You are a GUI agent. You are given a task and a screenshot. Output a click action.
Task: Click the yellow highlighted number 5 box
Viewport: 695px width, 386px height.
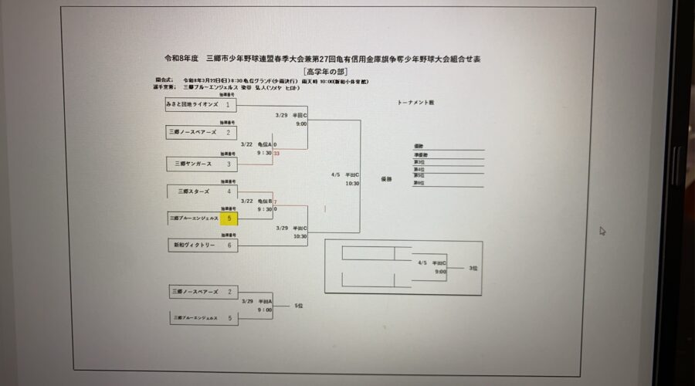coord(229,218)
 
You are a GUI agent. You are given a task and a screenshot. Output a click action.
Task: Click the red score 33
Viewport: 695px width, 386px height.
coord(276,153)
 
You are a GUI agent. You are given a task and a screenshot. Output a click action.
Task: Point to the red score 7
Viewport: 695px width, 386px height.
coord(276,201)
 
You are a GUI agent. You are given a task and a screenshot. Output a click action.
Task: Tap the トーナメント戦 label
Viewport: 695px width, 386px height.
coord(416,102)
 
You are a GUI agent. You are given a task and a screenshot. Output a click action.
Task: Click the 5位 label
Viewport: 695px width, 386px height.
coord(300,306)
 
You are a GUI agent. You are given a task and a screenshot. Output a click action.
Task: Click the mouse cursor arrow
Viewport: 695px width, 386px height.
coord(602,231)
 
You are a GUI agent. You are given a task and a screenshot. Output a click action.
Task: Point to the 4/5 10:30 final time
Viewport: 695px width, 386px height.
coord(351,184)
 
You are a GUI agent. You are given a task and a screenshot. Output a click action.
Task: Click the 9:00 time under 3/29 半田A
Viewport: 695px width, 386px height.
coord(264,310)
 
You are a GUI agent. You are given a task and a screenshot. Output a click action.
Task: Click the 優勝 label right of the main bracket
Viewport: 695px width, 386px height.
coord(386,178)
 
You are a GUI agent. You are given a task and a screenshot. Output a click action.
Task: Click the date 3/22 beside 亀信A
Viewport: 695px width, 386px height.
coord(247,144)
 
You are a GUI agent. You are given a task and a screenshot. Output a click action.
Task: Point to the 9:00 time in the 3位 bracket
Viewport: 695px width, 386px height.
coord(440,271)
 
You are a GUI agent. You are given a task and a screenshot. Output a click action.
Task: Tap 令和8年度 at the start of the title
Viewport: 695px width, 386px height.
coord(181,59)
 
